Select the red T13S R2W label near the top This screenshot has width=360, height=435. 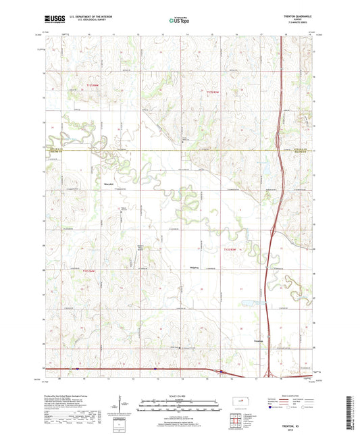(213, 92)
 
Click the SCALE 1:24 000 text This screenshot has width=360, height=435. (179, 395)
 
